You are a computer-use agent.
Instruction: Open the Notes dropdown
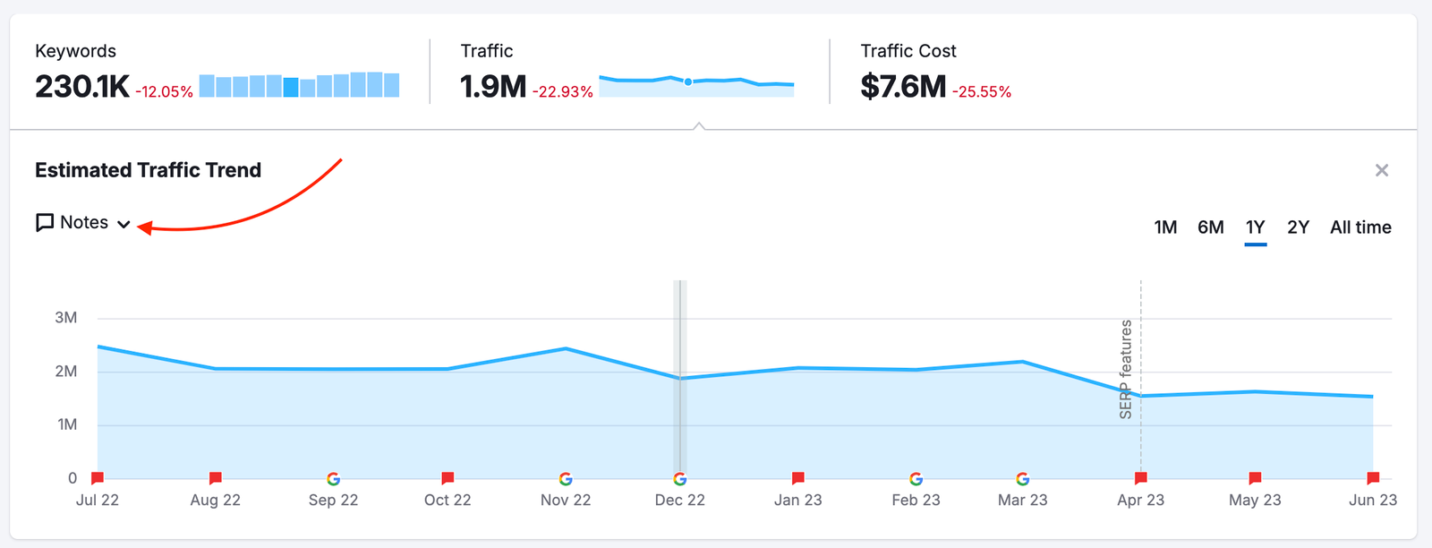(83, 223)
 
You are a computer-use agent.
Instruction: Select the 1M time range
(1165, 227)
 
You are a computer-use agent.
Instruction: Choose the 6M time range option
(1210, 227)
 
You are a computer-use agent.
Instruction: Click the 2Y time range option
(1298, 227)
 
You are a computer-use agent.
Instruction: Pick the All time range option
(1360, 227)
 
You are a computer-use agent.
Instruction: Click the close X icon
(1382, 170)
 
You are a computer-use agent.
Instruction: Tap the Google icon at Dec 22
(680, 479)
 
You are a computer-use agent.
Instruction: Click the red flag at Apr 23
(1141, 478)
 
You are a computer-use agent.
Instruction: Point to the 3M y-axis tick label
(66, 318)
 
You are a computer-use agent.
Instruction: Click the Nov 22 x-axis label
(566, 501)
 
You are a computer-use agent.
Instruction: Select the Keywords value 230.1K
(82, 87)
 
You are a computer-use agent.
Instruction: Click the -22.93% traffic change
(563, 91)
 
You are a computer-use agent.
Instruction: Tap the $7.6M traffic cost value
(903, 87)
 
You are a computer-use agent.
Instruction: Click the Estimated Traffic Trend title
(148, 170)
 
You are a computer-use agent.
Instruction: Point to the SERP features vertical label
(1126, 369)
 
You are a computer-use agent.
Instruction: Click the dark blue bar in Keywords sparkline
(291, 87)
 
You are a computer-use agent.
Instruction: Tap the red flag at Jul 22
(98, 478)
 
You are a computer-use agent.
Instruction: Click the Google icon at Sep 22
(334, 479)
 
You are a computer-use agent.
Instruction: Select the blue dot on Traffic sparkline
(688, 81)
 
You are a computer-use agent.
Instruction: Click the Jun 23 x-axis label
(1372, 501)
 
